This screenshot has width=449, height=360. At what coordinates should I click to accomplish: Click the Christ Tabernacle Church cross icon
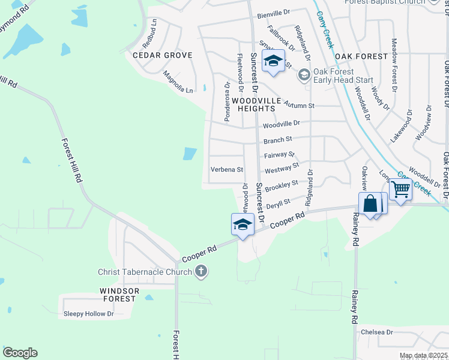(x=201, y=272)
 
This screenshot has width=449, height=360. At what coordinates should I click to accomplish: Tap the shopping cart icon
(x=400, y=190)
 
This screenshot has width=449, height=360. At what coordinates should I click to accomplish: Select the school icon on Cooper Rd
(x=243, y=225)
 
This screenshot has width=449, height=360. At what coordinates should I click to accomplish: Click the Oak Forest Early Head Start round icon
(x=304, y=75)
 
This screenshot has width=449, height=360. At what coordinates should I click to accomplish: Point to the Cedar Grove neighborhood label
(x=162, y=55)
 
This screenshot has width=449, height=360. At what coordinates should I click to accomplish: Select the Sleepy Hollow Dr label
(x=88, y=314)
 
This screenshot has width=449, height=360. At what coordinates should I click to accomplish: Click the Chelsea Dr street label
(x=376, y=332)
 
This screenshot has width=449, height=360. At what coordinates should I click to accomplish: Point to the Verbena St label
(x=226, y=170)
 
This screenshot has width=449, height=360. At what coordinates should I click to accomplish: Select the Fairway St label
(x=280, y=155)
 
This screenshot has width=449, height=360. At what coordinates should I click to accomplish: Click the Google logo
(x=20, y=353)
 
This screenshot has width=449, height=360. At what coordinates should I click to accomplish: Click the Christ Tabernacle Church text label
(x=145, y=272)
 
